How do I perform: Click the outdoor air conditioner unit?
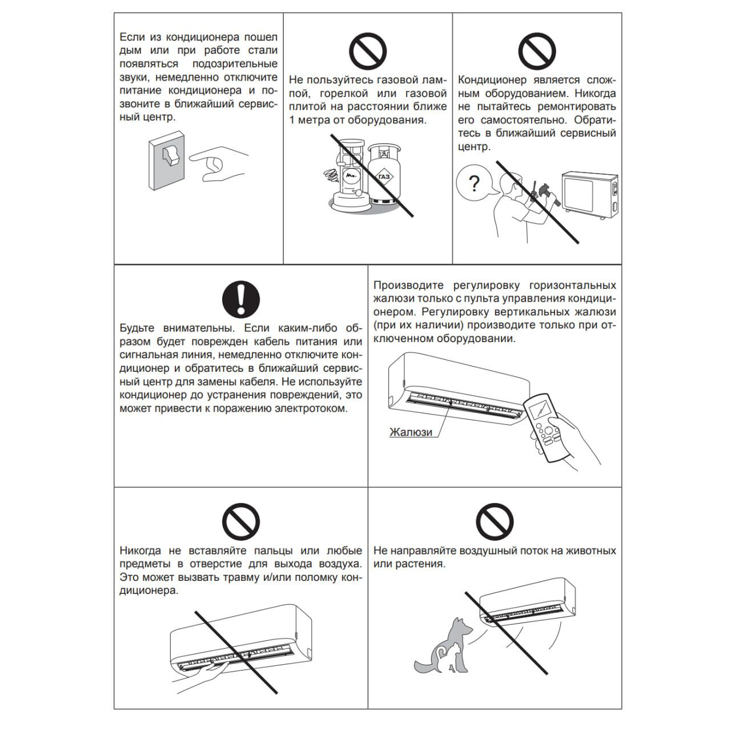591,194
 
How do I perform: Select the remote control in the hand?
546,423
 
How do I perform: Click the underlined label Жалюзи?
411,432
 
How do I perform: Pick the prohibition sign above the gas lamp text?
368,51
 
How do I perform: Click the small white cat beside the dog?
445,657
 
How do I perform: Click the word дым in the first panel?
129,50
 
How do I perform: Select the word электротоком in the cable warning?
312,409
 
